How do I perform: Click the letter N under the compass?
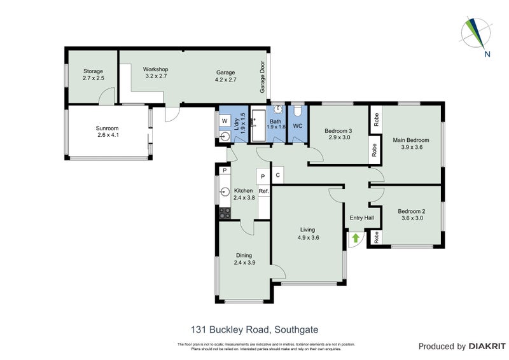click(487, 54)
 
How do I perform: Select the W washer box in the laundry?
click(225, 120)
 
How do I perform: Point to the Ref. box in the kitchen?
click(263, 191)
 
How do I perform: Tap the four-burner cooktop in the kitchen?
click(224, 214)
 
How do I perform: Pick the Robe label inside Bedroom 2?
click(377, 238)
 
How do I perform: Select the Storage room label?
click(93, 71)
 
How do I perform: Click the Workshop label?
click(155, 69)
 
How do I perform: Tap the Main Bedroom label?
click(410, 140)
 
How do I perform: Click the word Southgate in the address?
click(296, 329)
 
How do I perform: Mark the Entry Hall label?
click(361, 218)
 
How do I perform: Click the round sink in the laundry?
click(225, 137)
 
